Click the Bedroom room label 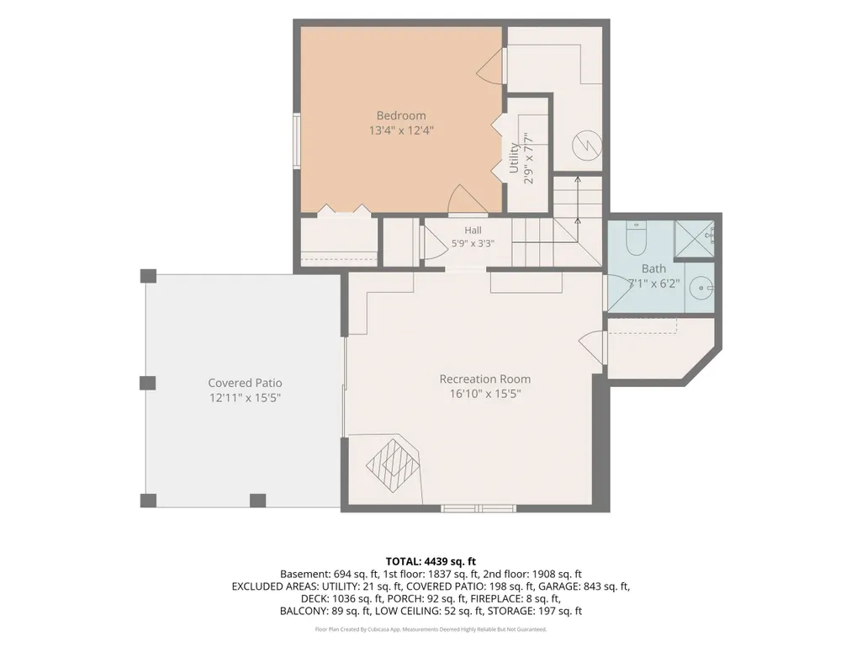[x=401, y=115]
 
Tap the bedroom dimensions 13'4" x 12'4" [x=401, y=130]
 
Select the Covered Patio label [x=246, y=383]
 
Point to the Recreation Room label [x=485, y=379]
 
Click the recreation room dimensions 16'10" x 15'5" [x=485, y=394]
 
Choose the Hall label [x=473, y=231]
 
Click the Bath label [x=653, y=268]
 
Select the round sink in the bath [x=701, y=289]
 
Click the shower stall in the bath [x=695, y=239]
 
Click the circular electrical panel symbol [x=586, y=146]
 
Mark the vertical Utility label [x=514, y=158]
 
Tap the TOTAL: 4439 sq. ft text [x=431, y=562]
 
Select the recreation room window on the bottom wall [x=479, y=508]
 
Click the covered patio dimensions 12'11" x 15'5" [x=246, y=398]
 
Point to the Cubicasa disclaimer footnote [x=431, y=629]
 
